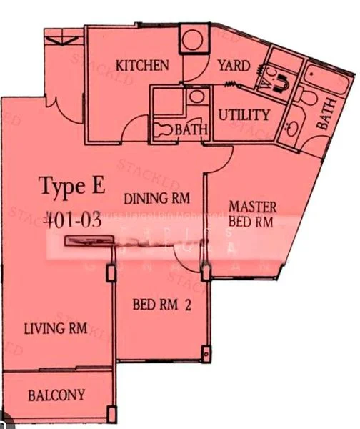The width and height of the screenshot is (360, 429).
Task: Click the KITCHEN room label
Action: point(144,66)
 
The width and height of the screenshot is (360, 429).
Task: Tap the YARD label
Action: point(234,66)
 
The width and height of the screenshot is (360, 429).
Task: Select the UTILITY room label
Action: point(244,114)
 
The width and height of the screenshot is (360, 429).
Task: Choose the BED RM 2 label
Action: point(163,305)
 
